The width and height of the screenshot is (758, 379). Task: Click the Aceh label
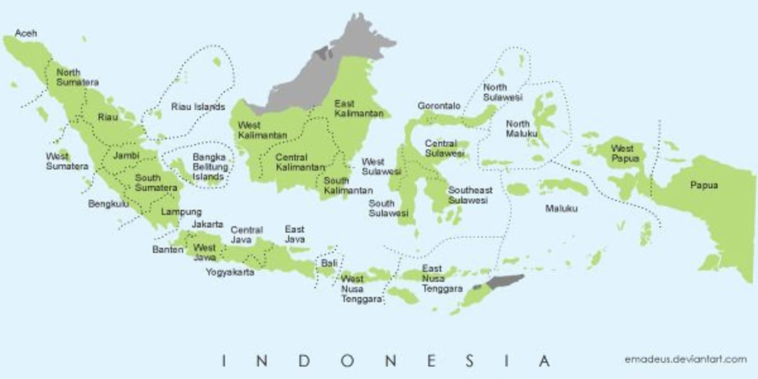(x=26, y=33)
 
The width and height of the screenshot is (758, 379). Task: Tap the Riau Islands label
(x=198, y=107)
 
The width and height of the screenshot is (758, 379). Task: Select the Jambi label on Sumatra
(x=126, y=155)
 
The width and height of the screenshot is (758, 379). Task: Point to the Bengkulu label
(x=108, y=204)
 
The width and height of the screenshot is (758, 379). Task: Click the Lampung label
(x=181, y=212)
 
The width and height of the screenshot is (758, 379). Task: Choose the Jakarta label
(x=207, y=224)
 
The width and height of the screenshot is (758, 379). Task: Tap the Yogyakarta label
(x=230, y=272)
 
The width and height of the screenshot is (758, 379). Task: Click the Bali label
(x=329, y=263)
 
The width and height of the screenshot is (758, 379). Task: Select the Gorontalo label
(x=438, y=105)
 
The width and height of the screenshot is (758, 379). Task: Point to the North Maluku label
(x=521, y=129)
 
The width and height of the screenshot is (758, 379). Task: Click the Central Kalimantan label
(x=300, y=162)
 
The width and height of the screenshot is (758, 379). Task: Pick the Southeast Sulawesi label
(x=470, y=195)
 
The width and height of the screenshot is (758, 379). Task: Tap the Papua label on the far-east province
(x=703, y=185)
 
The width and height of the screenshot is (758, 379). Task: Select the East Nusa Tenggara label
(x=441, y=278)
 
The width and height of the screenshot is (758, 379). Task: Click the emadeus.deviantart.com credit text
(x=685, y=359)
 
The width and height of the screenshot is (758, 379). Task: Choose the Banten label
(x=167, y=249)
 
